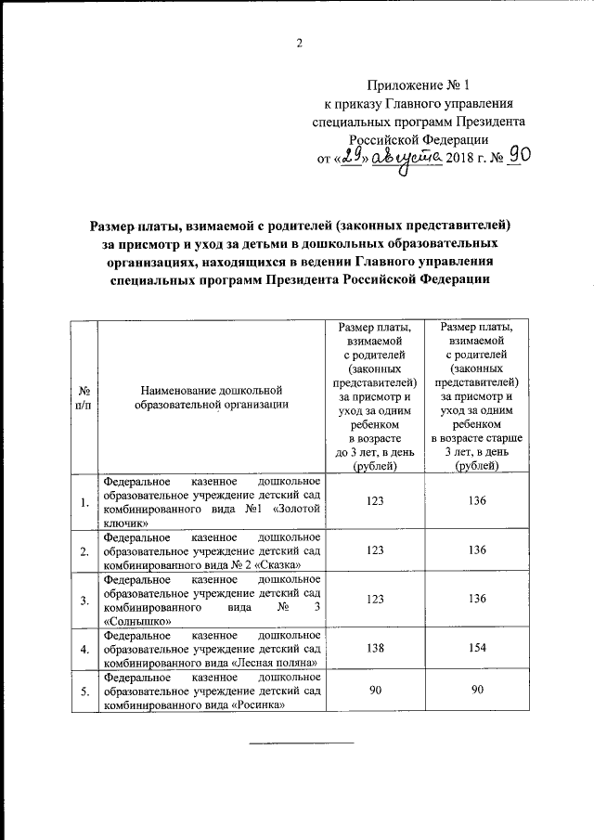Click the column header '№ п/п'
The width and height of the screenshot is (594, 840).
tap(84, 396)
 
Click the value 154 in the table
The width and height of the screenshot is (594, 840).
tap(477, 648)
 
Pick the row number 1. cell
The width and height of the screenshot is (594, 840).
tap(84, 502)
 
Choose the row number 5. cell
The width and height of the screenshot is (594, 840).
tap(84, 691)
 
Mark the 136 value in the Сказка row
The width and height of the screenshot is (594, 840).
tap(477, 550)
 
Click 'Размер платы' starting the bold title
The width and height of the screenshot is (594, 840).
tap(131, 226)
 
